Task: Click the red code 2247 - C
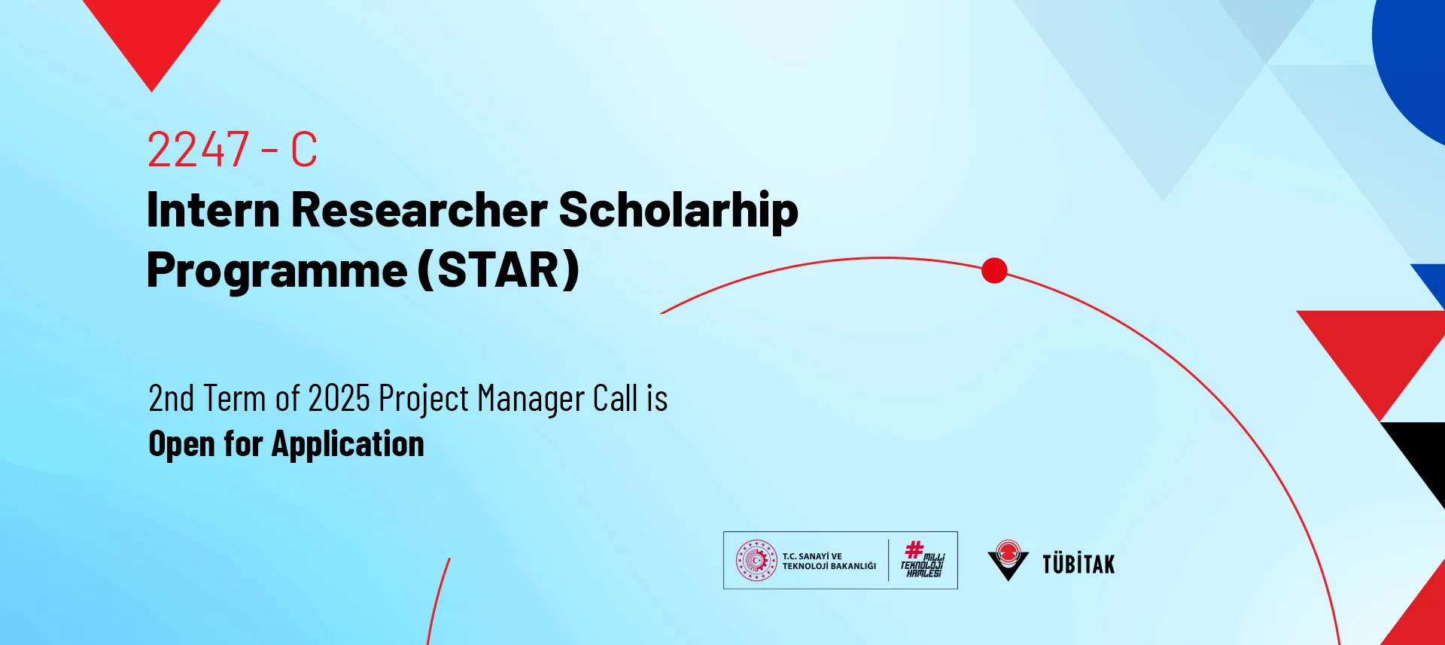[x=232, y=149]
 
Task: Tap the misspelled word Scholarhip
[x=678, y=211]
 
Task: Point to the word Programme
[x=277, y=271]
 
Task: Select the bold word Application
[x=348, y=445]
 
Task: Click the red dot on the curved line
[x=994, y=270]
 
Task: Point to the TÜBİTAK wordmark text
[x=1078, y=564]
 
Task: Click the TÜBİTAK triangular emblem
[x=1008, y=560]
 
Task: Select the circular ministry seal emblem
[x=756, y=561]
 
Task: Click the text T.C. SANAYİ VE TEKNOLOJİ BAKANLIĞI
[x=829, y=561]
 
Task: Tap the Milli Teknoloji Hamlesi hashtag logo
[x=923, y=559]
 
